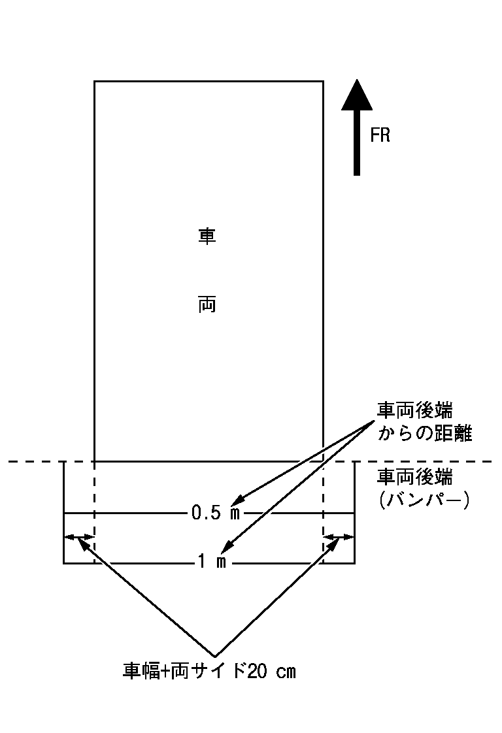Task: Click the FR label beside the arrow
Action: (x=380, y=136)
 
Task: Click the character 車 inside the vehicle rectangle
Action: (x=207, y=236)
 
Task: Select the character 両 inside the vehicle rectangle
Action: (x=207, y=305)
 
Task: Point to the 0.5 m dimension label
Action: (x=216, y=513)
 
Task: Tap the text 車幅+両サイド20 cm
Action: (x=209, y=672)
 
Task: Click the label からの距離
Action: (x=424, y=434)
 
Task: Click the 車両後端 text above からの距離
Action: (x=415, y=410)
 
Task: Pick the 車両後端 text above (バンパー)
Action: (x=415, y=478)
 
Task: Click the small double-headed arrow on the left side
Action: (x=79, y=537)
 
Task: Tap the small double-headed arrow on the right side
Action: (x=339, y=537)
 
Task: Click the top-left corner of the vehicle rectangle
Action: (x=95, y=82)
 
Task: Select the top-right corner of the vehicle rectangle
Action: (x=324, y=82)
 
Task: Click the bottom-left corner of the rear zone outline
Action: (x=63, y=563)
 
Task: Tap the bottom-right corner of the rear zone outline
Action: (x=355, y=563)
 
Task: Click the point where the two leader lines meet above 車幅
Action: (x=215, y=656)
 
